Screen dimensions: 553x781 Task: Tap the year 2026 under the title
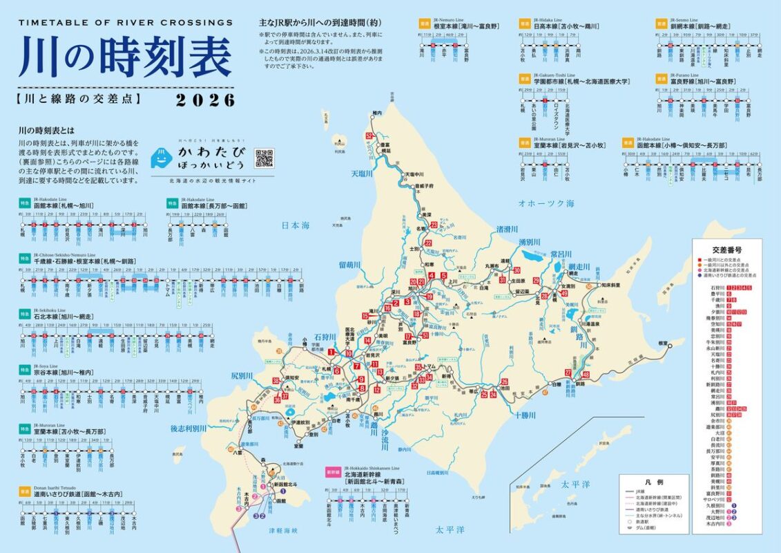click(205, 100)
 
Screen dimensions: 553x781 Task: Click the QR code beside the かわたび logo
click(264, 158)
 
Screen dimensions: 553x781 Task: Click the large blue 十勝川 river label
click(529, 415)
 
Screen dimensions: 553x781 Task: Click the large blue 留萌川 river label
click(351, 265)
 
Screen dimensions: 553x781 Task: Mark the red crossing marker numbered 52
click(370, 136)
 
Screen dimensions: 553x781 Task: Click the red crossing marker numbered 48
click(586, 375)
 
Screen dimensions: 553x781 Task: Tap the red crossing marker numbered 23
click(434, 225)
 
